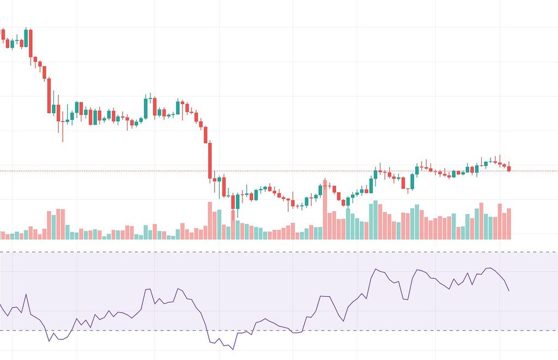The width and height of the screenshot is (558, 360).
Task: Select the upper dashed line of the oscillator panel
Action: click(x=272, y=252)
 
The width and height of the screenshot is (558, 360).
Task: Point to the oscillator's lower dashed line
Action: click(x=272, y=331)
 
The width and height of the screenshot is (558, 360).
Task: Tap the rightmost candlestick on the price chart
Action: click(x=509, y=168)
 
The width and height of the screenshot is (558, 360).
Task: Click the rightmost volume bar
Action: click(x=509, y=224)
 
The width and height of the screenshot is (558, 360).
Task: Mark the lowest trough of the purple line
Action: click(x=233, y=349)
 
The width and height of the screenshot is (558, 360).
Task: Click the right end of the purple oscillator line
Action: click(x=509, y=290)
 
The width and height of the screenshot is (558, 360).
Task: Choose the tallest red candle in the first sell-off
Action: click(x=49, y=96)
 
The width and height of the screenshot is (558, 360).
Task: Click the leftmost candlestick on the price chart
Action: click(x=3, y=34)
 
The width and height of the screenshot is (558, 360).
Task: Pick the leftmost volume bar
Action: click(x=3, y=235)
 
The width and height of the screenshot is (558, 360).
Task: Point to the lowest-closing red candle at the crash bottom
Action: click(x=233, y=202)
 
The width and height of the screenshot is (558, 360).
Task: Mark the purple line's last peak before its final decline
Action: click(x=489, y=268)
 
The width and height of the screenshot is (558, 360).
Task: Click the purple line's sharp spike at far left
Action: click(x=26, y=295)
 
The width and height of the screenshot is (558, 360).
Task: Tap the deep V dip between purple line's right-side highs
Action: click(x=405, y=299)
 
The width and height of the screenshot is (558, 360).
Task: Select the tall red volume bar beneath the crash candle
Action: click(x=210, y=221)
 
